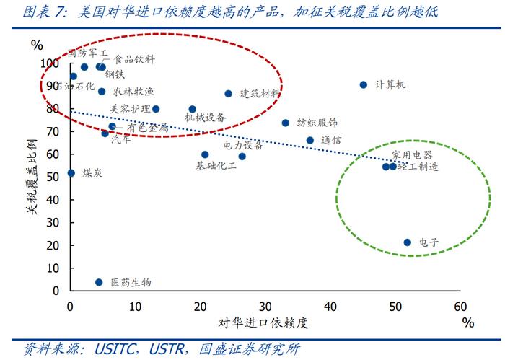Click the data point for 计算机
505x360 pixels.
(x=364, y=84)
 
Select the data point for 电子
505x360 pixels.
(x=408, y=242)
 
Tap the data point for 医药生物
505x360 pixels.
(x=99, y=282)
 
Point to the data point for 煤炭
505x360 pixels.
(x=71, y=173)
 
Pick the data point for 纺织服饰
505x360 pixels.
(x=285, y=123)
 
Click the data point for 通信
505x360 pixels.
(x=310, y=140)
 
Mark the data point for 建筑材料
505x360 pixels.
(x=228, y=94)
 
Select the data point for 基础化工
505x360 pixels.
(x=205, y=154)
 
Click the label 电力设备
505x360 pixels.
(x=243, y=145)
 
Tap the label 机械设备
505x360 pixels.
(x=205, y=117)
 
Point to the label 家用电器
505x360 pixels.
(x=412, y=155)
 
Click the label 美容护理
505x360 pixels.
(x=130, y=109)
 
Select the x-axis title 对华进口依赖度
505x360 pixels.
(x=266, y=322)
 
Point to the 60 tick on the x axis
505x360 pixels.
(x=460, y=305)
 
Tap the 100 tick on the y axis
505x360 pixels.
(x=51, y=63)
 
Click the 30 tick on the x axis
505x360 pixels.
(x=265, y=305)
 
